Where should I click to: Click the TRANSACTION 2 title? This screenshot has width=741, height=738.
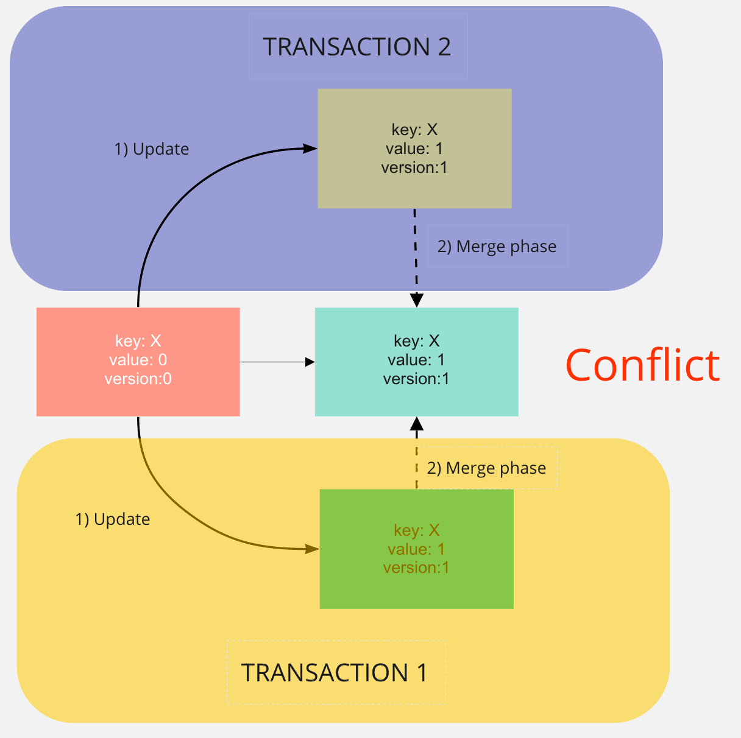tap(357, 47)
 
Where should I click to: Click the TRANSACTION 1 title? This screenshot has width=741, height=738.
tap(335, 673)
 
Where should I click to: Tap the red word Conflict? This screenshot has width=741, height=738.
tap(642, 365)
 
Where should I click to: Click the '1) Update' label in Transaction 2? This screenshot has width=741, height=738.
tap(152, 149)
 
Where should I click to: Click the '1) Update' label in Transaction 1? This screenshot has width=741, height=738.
tap(113, 519)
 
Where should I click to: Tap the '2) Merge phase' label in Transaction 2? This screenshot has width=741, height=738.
tap(497, 247)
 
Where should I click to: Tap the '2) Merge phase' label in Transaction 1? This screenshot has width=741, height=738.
tap(486, 468)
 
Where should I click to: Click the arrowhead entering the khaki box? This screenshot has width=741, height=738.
tap(310, 148)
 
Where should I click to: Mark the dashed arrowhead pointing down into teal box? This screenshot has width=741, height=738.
tap(416, 300)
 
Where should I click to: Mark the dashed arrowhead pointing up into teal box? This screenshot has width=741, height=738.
tap(417, 424)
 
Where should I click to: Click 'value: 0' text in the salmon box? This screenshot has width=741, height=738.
tap(138, 360)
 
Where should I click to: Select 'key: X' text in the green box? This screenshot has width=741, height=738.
tap(416, 530)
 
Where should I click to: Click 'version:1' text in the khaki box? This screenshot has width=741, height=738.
tap(414, 167)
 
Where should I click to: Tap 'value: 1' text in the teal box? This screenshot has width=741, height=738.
tap(416, 360)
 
